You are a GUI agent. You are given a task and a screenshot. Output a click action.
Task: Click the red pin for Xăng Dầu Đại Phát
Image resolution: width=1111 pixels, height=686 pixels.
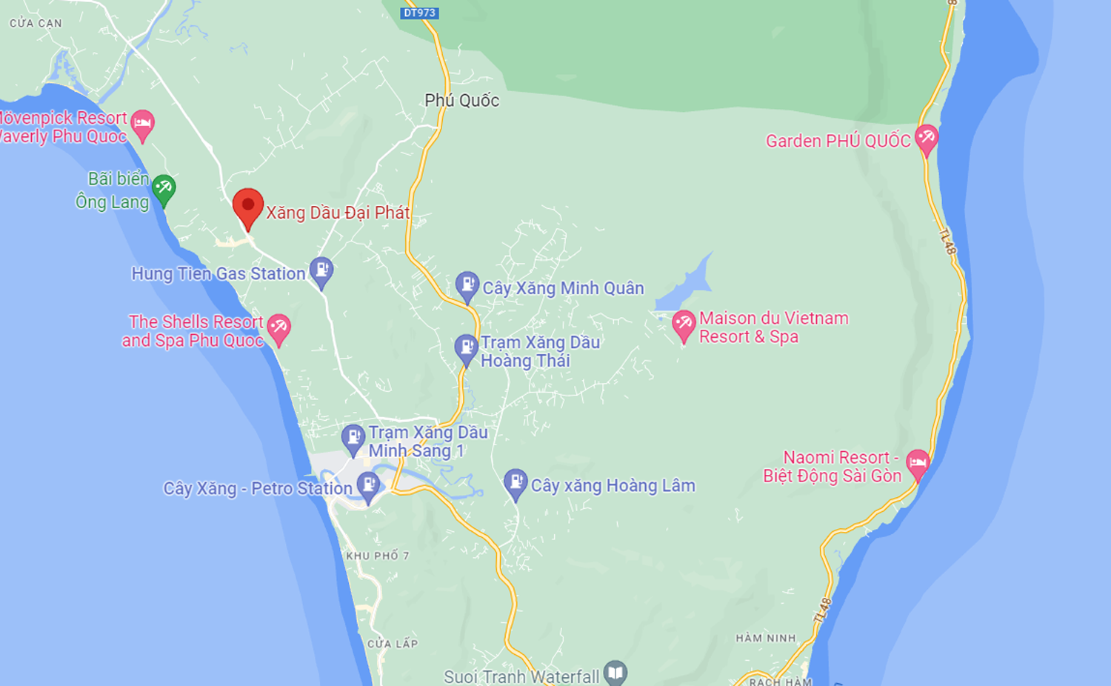pyautogui.click(x=248, y=207)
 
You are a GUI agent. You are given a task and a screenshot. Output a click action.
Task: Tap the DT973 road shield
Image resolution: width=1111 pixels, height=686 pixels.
pyautogui.click(x=420, y=13)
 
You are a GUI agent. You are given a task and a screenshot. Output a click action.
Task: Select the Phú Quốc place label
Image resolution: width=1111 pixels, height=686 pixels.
pyautogui.click(x=461, y=101)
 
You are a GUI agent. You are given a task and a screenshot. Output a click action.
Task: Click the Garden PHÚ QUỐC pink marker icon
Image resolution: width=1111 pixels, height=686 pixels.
pyautogui.click(x=927, y=138)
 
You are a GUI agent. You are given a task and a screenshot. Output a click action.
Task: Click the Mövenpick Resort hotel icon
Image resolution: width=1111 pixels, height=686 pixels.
pyautogui.click(x=142, y=124)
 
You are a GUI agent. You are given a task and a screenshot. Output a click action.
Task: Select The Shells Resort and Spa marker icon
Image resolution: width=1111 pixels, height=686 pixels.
pyautogui.click(x=278, y=327)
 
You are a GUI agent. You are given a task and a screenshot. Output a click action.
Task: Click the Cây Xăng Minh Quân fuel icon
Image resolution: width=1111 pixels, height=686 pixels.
pyautogui.click(x=467, y=285)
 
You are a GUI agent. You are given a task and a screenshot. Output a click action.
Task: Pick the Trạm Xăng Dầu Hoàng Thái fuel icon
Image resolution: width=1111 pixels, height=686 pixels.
pyautogui.click(x=466, y=348)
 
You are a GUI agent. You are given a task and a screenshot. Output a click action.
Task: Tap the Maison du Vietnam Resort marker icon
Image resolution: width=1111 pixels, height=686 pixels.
pyautogui.click(x=683, y=324)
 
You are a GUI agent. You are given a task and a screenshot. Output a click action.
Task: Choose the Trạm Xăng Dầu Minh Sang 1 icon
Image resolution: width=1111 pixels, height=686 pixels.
pyautogui.click(x=353, y=438)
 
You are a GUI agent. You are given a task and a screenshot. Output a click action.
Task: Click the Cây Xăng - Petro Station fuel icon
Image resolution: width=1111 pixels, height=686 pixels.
pyautogui.click(x=368, y=485)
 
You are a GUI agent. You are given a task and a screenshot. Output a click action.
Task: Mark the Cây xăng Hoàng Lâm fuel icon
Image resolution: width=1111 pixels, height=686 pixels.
pyautogui.click(x=516, y=483)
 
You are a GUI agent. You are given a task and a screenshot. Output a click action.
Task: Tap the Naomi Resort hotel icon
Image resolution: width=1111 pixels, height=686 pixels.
pyautogui.click(x=918, y=464)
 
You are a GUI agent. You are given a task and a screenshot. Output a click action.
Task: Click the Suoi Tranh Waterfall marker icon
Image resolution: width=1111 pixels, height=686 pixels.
pyautogui.click(x=615, y=673)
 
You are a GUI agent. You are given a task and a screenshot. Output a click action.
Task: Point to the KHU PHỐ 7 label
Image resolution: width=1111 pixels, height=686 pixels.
pyautogui.click(x=377, y=556)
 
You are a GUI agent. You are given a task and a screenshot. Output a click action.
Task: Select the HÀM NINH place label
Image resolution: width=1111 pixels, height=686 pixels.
pyautogui.click(x=766, y=638)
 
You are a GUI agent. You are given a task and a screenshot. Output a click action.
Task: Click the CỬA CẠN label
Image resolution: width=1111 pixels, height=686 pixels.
pyautogui.click(x=36, y=24)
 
